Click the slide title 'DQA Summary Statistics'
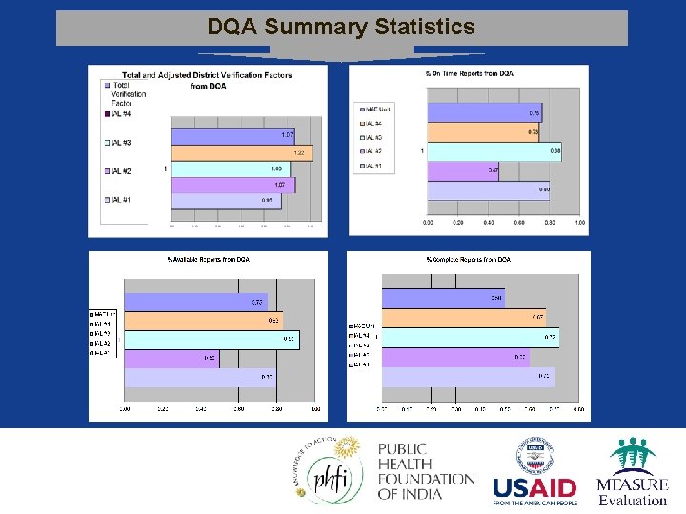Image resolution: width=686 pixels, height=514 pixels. point(341,27)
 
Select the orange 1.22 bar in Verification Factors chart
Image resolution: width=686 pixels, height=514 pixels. point(242,152)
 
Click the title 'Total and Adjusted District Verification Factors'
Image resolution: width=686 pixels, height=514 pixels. point(207,75)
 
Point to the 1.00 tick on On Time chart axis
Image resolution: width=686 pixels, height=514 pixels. point(579,222)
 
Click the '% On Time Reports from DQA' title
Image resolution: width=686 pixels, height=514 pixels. point(469,73)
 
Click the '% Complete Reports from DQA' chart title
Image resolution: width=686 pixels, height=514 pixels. point(469,260)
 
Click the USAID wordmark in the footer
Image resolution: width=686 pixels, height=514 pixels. point(534,487)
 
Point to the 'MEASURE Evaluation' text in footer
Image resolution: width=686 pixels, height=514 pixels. point(633,491)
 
